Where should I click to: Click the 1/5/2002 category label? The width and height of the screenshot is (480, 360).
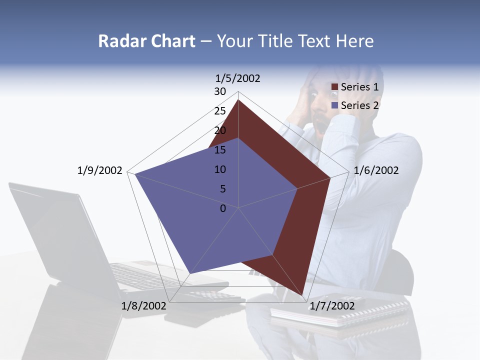tap(237, 78)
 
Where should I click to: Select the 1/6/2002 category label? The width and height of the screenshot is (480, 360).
tap(376, 170)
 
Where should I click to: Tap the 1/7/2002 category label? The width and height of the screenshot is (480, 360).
tap(332, 306)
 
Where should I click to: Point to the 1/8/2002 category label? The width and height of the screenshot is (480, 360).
tap(143, 306)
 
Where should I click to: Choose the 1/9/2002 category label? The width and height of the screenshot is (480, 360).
tap(99, 170)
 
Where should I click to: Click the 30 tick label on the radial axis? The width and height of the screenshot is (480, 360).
tap(220, 91)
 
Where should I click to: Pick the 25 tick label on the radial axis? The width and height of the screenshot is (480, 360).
tap(220, 111)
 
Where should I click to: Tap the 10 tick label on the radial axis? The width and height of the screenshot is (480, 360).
tap(220, 169)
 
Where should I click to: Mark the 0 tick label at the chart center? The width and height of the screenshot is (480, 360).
tap(223, 208)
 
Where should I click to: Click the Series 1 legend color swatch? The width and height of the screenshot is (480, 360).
tap(334, 87)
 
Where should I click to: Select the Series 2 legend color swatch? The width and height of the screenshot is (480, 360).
tap(334, 105)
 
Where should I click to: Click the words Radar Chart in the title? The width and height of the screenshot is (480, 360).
tap(146, 41)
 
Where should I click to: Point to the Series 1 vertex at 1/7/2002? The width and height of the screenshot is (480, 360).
tap(303, 294)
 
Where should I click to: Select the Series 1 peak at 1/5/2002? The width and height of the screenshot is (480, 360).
tap(238, 100)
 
